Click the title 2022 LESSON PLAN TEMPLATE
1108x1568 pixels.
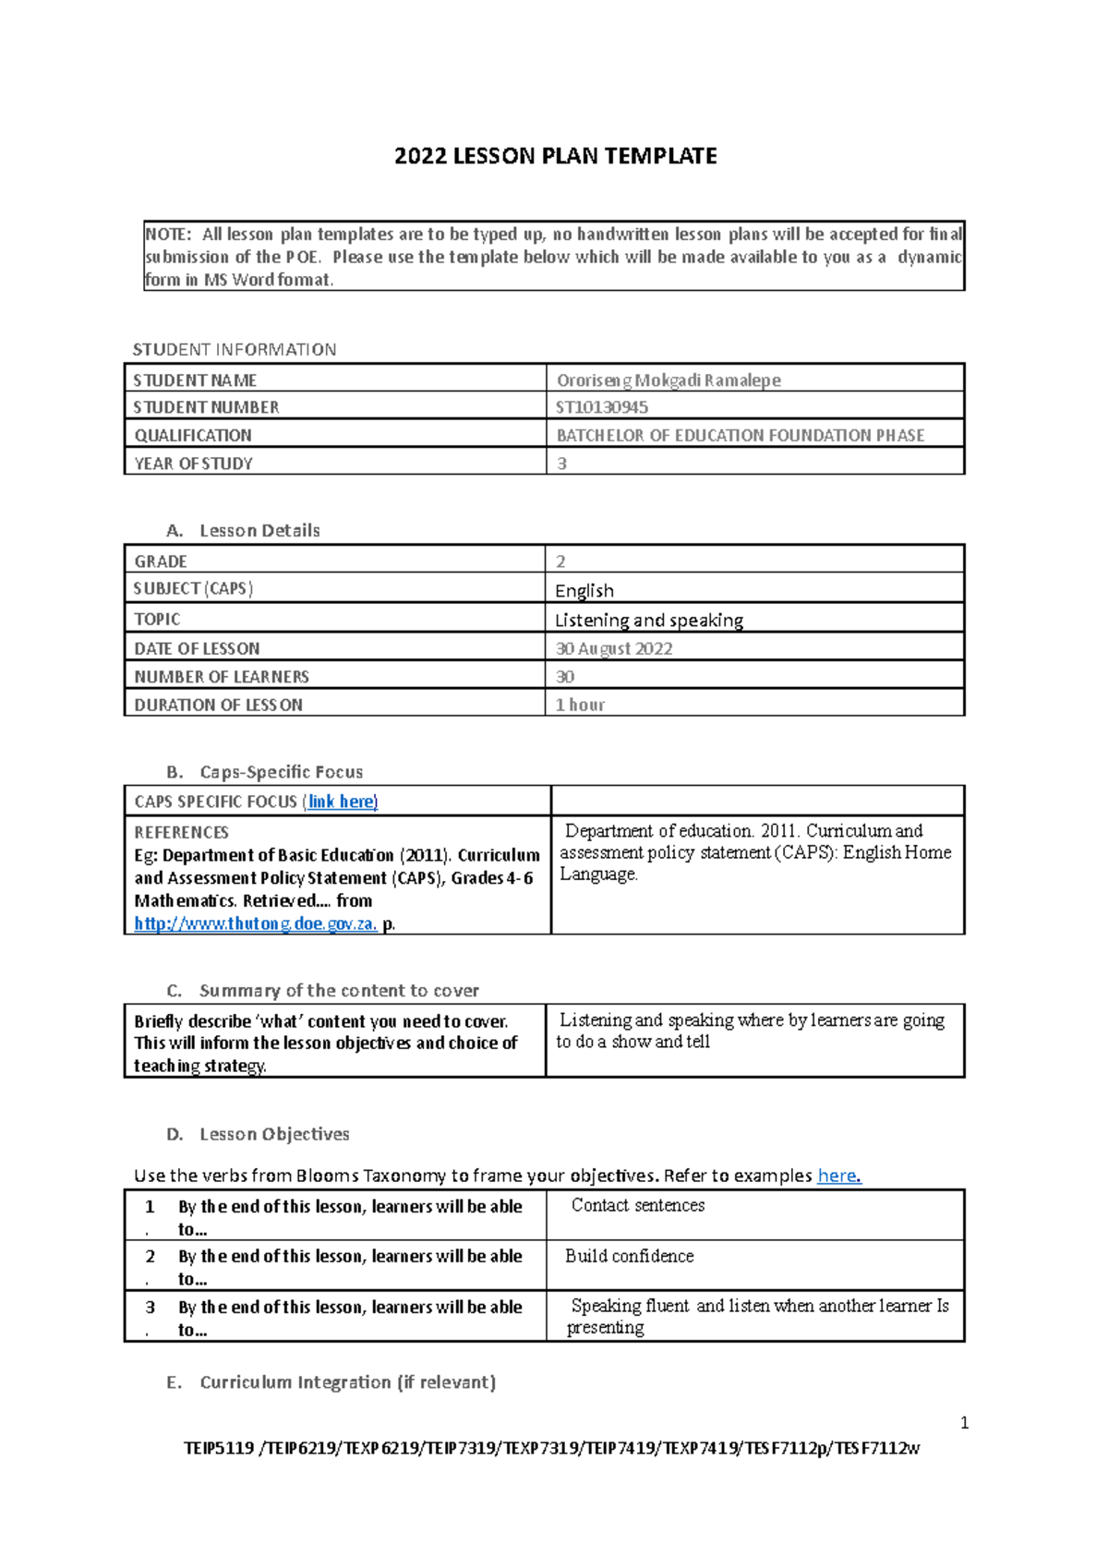pos(555,156)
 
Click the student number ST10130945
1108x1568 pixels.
pos(601,407)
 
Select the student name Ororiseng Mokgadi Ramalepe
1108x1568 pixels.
pos(668,380)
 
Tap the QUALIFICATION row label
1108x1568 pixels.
pos(193,435)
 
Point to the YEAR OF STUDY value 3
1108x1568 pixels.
pos(561,464)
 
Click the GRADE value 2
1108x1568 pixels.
pos(560,561)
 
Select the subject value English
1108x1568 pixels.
pos(584,590)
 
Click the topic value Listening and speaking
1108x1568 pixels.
pos(648,620)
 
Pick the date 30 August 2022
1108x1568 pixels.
pos(613,648)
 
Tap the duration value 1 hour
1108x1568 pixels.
pos(579,705)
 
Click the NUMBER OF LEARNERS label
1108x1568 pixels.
pos(222,677)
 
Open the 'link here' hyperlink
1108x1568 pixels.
pos(341,802)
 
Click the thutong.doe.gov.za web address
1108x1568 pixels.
pos(255,923)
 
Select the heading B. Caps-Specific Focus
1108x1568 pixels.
pos(264,772)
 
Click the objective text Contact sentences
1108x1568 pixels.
pos(637,1205)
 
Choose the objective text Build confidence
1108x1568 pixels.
pos(629,1256)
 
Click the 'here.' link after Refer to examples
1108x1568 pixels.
pos(838,1176)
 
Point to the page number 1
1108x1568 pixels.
pos(964,1423)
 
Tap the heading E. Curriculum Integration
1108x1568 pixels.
pos(331,1382)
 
